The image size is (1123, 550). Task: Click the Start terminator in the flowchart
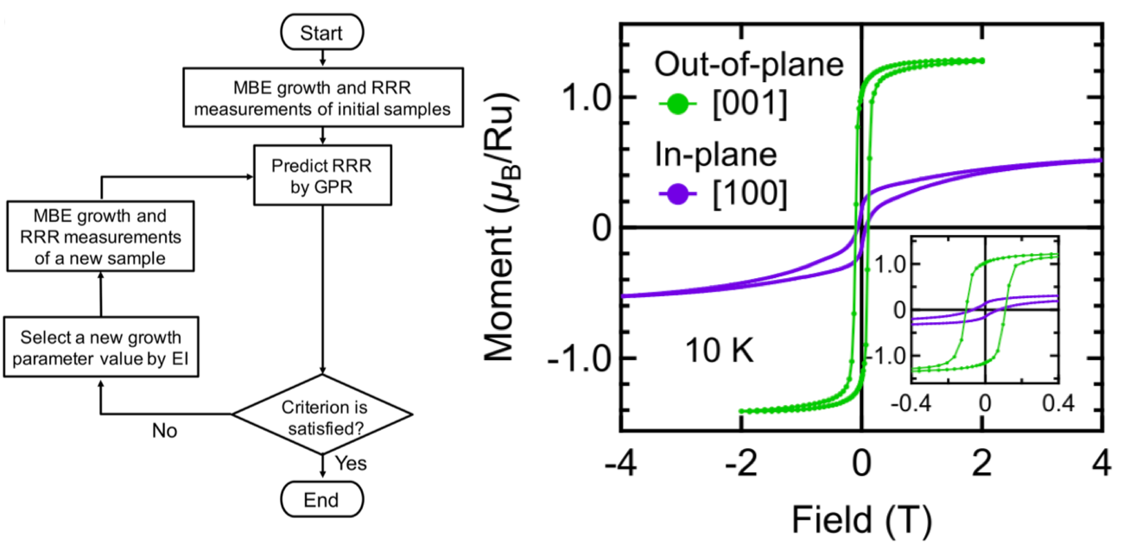[x=320, y=34]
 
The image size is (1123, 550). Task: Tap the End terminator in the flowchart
[x=320, y=500]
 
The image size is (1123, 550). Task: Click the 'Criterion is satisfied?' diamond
[x=321, y=417]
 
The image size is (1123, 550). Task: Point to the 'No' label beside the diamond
[x=164, y=430]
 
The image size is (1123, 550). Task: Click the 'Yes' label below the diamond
[x=350, y=464]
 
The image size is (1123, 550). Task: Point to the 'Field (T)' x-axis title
[x=860, y=519]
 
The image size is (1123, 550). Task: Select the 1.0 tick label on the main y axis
[x=591, y=98]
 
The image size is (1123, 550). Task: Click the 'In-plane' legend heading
[x=715, y=153]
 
